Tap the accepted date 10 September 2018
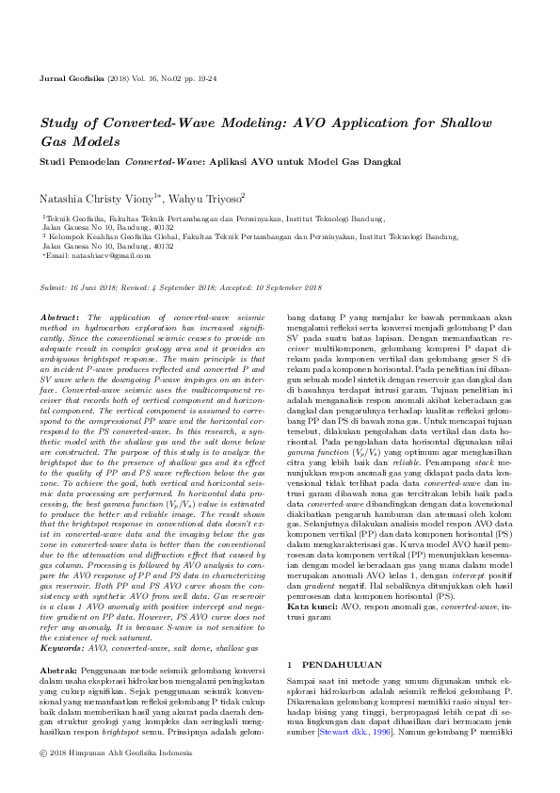(286, 287)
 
